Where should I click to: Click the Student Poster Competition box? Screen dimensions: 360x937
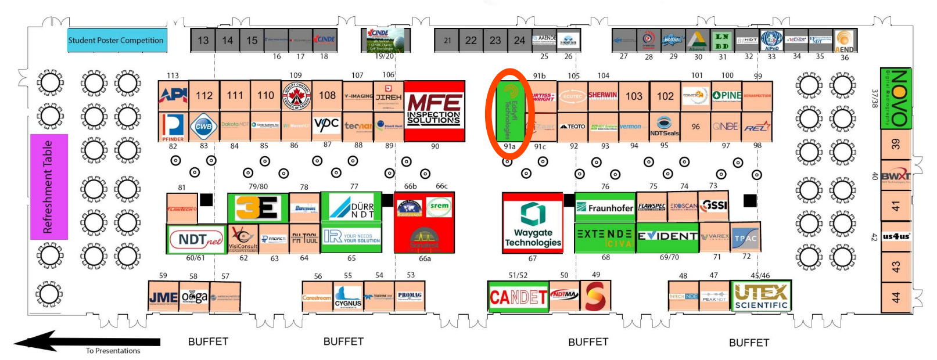pos(117,40)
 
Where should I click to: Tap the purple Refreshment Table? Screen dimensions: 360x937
pos(49,187)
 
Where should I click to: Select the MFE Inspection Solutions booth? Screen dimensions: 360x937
pos(434,110)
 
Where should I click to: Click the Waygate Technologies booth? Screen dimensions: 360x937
pos(533,223)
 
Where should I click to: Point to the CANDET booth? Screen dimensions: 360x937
pos(518,297)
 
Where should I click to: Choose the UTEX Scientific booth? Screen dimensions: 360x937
pos(761,296)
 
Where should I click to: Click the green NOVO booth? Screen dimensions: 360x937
pos(896,98)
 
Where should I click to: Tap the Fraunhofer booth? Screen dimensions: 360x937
pos(605,207)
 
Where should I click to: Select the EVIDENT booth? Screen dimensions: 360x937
pos(667,237)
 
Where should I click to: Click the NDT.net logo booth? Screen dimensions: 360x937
pos(196,239)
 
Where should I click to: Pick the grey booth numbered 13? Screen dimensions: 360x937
pos(203,40)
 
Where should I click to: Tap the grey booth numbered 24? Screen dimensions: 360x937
pos(519,40)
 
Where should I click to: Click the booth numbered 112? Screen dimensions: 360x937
pos(204,95)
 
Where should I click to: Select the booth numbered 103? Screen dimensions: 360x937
pos(634,96)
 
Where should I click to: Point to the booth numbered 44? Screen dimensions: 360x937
pos(896,297)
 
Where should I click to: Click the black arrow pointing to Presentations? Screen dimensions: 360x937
pos(87,342)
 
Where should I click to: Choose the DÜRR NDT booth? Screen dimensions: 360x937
pos(351,207)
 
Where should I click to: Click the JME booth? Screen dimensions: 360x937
pos(163,297)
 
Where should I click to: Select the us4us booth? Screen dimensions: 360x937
pos(896,236)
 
